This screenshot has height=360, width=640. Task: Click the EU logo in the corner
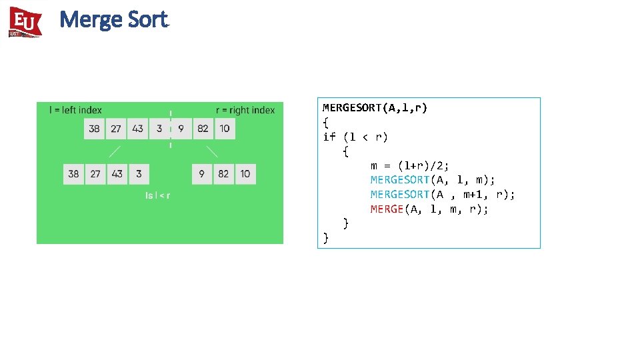pos(25,22)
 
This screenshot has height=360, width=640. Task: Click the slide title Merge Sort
pos(113,20)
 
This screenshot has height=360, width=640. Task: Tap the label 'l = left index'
pos(75,110)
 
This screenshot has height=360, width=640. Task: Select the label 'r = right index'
pos(245,110)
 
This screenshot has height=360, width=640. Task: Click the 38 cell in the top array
pos(95,129)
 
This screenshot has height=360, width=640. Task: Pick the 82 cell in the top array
pos(203,129)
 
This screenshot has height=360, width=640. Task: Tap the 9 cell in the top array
pos(181,129)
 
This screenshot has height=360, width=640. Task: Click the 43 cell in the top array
pos(137,129)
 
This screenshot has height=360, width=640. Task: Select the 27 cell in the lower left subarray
pos(95,174)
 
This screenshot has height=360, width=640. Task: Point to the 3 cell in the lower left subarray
pos(139,174)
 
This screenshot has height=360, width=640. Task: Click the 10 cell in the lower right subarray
pos(245,174)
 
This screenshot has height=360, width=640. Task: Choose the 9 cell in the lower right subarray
pos(202,174)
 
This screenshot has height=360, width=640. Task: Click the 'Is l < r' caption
pos(158,195)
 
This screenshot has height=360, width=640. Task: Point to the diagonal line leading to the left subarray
pos(115,151)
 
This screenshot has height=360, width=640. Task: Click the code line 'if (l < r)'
pos(355,137)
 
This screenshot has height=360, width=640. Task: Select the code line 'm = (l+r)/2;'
pos(410,165)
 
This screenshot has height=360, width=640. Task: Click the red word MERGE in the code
pos(387,209)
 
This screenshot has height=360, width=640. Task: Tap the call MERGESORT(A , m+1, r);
pos(443,195)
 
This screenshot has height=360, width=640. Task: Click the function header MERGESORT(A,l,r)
pos(375,107)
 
